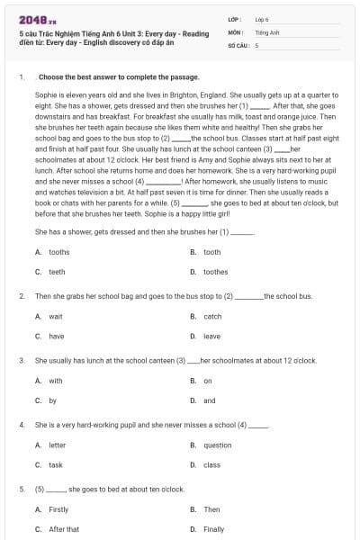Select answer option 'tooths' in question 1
click(x=58, y=252)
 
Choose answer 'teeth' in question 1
click(x=57, y=271)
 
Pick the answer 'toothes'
click(x=215, y=271)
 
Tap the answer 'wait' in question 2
click(x=56, y=317)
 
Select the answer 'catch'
click(x=212, y=317)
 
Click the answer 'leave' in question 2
click(x=212, y=336)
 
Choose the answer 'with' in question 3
click(x=56, y=381)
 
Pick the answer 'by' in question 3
click(x=53, y=400)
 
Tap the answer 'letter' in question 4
click(x=57, y=445)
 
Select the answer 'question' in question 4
click(x=218, y=445)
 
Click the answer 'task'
click(x=56, y=465)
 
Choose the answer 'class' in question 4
click(x=212, y=465)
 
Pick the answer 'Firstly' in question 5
click(x=58, y=509)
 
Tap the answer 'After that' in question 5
click(x=64, y=529)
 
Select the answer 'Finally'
click(x=214, y=529)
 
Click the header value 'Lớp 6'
click(x=262, y=18)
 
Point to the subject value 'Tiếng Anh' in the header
click(x=265, y=31)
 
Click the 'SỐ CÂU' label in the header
click(x=238, y=44)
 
